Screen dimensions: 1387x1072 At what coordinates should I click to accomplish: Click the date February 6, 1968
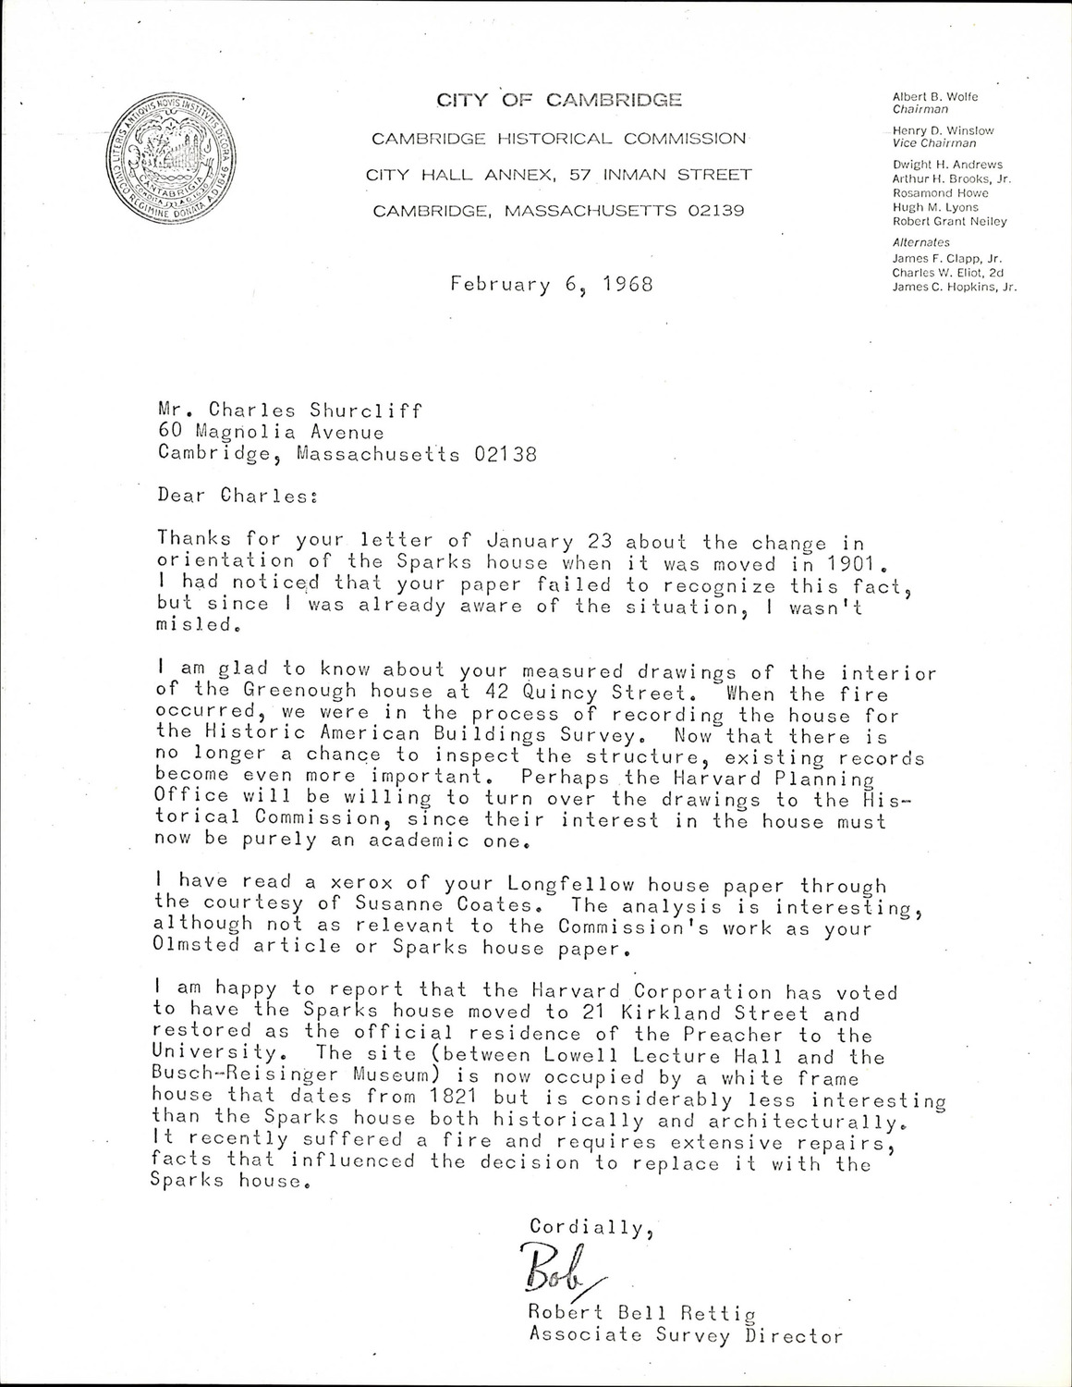click(552, 284)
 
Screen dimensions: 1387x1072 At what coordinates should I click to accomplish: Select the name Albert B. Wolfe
click(935, 96)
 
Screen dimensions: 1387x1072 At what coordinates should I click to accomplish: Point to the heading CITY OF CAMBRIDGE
click(559, 100)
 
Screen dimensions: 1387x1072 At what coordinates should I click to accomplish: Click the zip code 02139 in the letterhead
click(716, 211)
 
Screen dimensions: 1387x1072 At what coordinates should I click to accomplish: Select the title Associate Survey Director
click(685, 1334)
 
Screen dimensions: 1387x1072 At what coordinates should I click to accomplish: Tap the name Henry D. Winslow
click(941, 129)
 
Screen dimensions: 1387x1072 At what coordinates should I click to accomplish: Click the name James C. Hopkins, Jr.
click(954, 288)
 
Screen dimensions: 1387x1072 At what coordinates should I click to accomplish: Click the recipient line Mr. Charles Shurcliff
click(290, 410)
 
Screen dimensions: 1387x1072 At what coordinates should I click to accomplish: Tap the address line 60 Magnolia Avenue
click(271, 432)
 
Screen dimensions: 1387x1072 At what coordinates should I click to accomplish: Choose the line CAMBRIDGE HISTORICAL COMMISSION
click(558, 139)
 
